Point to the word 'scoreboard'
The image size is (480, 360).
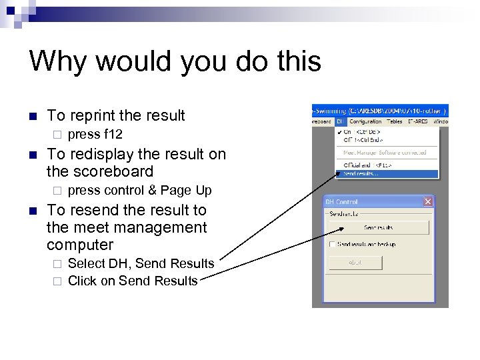pos(113,171)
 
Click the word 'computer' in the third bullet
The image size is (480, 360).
pos(80,245)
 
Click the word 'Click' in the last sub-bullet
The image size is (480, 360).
pos(82,281)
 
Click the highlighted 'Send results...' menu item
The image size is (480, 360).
pos(363,174)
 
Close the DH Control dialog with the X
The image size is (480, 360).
pos(428,202)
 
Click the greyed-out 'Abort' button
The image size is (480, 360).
pos(355,263)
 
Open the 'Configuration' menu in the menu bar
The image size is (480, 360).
pos(365,122)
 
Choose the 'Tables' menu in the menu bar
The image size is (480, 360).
pos(395,122)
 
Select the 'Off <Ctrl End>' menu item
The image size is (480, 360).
pos(364,141)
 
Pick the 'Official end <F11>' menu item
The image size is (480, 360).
pos(367,164)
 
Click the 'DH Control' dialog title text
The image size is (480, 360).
pos(342,202)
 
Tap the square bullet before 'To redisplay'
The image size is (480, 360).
pos(33,155)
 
